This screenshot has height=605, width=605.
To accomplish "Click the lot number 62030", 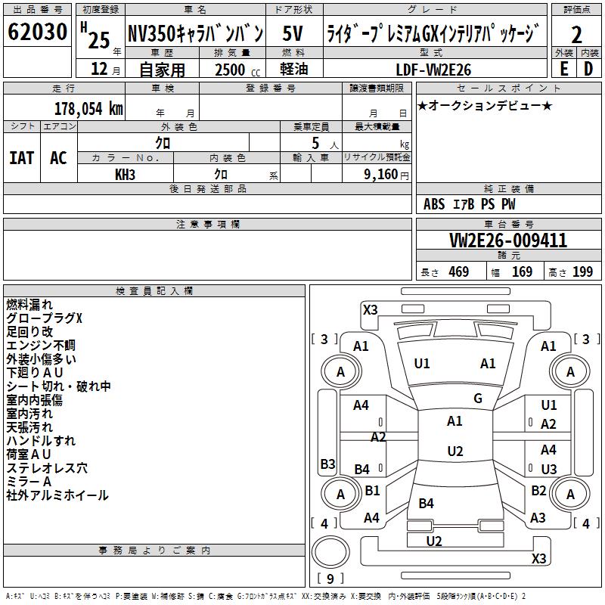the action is [37, 34].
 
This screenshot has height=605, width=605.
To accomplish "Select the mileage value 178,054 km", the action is [88, 109].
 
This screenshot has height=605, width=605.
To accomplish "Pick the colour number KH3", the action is [125, 174].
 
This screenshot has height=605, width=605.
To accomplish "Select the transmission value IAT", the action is [22, 158].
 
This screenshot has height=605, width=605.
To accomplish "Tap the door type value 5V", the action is [293, 34].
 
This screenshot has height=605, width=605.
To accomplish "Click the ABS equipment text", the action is [434, 204].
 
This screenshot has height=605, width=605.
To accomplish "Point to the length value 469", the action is [458, 271].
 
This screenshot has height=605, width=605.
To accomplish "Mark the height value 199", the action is [582, 271].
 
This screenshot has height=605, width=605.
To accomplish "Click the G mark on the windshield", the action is [478, 399].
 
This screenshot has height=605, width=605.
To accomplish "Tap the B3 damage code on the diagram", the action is [327, 464].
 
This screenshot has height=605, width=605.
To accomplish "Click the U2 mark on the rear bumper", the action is [434, 541].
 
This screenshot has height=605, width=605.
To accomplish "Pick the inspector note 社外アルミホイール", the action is [57, 495].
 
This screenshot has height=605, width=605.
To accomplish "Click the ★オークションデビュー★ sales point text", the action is [485, 105].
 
